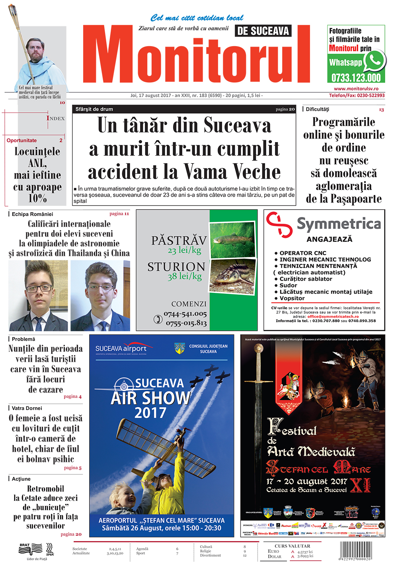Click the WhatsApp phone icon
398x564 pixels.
pos(375,61)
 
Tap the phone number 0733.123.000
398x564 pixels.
pos(356,78)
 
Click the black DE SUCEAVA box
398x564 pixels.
pos(263,31)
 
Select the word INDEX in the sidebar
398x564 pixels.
pos(56,118)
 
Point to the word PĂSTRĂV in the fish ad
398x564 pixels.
pos(179,241)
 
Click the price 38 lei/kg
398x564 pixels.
pos(184,276)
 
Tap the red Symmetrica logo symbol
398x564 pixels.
pos(279,224)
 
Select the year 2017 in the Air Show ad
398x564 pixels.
pos(150,413)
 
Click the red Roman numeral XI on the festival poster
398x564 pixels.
pos(361,485)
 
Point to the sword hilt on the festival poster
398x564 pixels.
pos(259,350)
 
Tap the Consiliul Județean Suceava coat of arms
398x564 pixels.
pos(179,349)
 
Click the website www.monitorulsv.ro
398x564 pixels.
pos(356,89)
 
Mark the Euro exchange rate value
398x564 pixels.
pos(305,552)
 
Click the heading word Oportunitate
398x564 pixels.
pos(21,141)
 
